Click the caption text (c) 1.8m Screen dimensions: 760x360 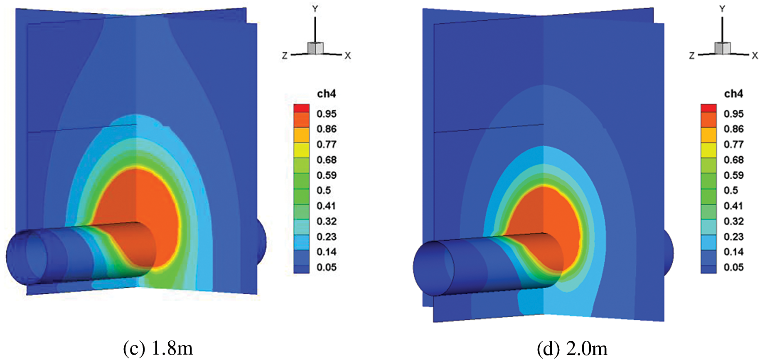[x=158, y=348]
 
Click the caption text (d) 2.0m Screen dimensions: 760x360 [x=572, y=348]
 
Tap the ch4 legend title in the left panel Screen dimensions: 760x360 [x=326, y=94]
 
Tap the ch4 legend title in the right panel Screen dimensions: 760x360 [x=733, y=94]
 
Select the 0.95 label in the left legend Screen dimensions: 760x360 [x=326, y=114]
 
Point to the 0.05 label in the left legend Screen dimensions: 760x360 [x=326, y=267]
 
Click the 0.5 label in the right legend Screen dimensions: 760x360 [x=731, y=190]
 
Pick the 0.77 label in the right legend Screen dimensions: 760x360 [x=733, y=145]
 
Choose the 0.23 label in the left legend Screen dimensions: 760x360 [x=326, y=237]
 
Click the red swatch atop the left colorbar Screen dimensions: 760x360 [x=302, y=108]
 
